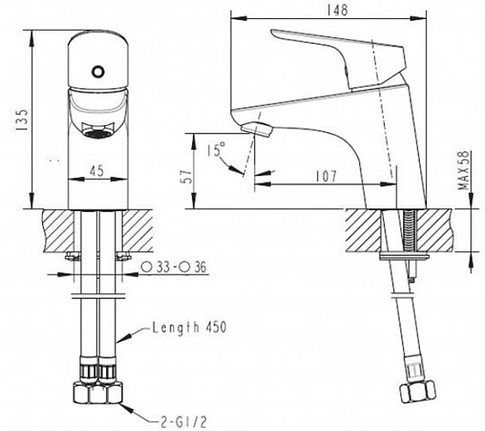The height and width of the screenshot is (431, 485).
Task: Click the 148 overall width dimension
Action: click(337, 11)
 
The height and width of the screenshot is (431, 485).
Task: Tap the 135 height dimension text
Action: click(22, 119)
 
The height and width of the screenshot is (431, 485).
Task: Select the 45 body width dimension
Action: click(96, 171)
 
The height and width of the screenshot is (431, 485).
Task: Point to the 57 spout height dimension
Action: click(186, 176)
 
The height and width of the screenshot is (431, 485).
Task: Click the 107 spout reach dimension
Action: click(326, 176)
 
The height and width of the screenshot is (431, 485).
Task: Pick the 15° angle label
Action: click(216, 149)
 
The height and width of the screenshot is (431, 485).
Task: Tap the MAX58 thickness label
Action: click(464, 170)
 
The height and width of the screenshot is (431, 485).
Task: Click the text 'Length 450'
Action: click(189, 328)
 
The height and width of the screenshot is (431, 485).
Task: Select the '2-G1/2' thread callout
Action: click(183, 421)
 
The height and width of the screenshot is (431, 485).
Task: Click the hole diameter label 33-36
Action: click(174, 267)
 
